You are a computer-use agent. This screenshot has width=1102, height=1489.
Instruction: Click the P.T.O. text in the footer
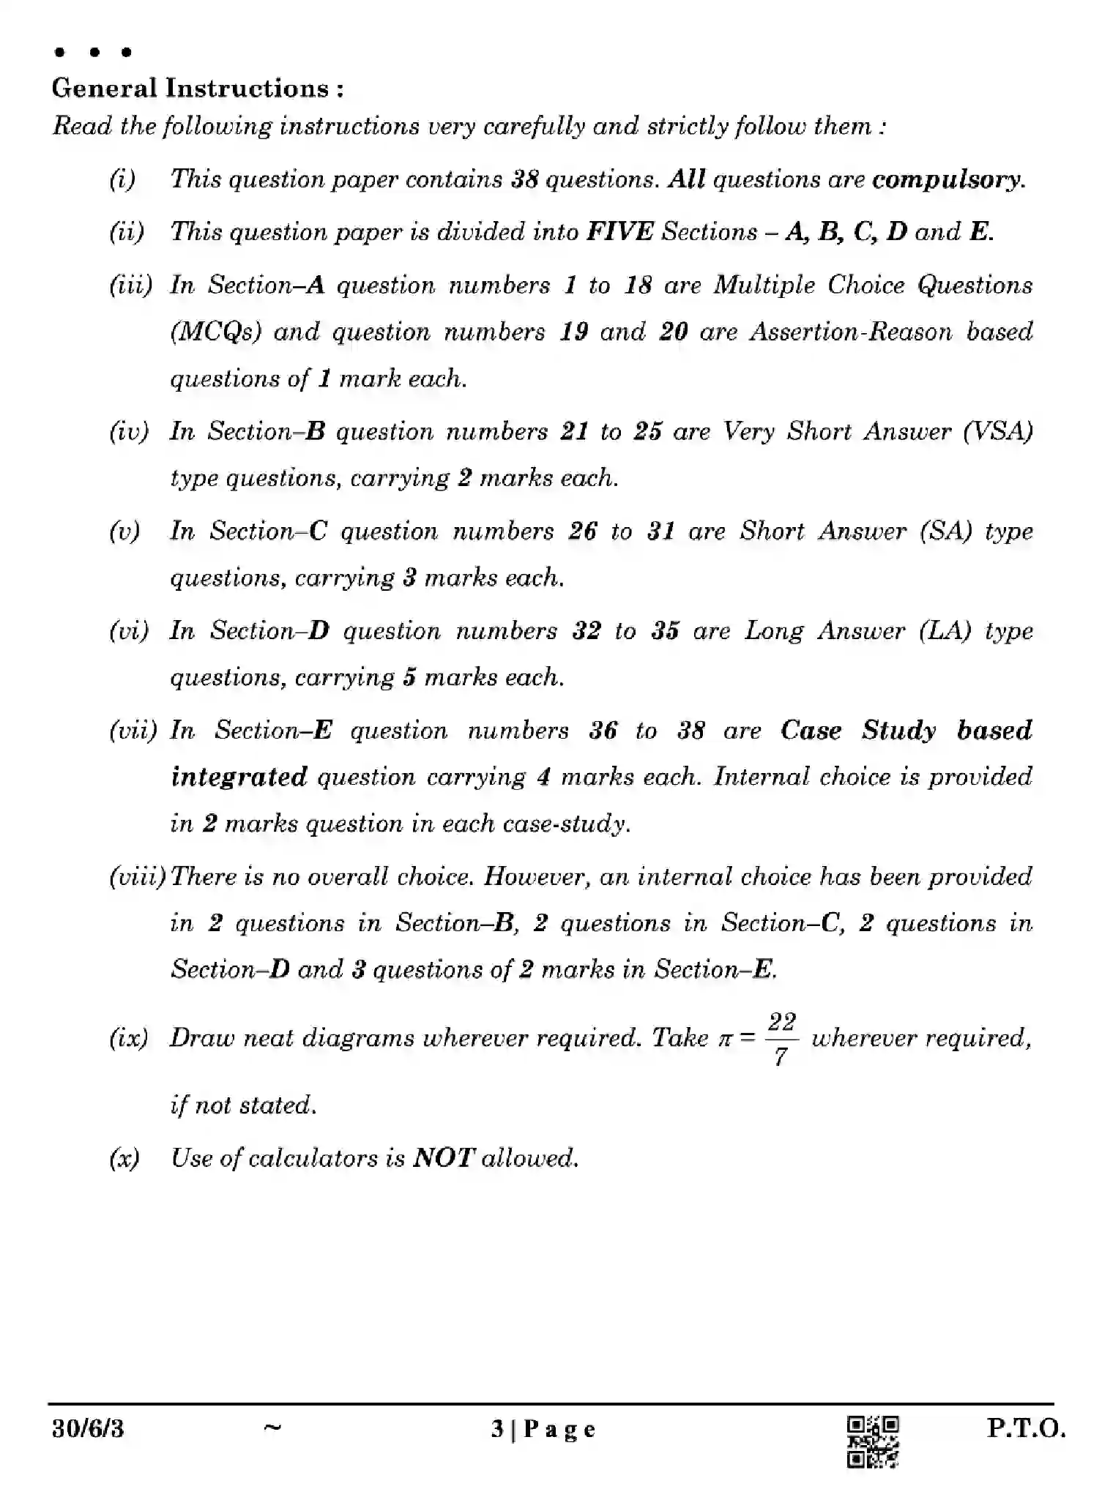coord(1026,1428)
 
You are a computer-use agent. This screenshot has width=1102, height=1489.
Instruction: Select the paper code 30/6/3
coord(88,1429)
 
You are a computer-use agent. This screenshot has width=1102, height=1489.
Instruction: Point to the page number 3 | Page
coord(543,1429)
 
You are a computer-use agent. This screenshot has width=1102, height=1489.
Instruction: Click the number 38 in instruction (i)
coord(524,179)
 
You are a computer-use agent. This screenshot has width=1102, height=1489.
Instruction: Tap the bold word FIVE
coord(619,232)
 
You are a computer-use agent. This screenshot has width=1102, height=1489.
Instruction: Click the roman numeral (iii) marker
coord(130,286)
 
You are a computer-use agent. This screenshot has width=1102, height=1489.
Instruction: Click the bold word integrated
coord(239,777)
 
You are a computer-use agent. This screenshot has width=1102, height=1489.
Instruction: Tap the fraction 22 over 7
coord(781,1040)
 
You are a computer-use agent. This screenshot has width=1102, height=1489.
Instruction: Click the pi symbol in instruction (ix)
coord(724,1040)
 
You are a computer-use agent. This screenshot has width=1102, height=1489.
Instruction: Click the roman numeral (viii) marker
coord(138,877)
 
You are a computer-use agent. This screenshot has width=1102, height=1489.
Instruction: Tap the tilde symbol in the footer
coord(272,1427)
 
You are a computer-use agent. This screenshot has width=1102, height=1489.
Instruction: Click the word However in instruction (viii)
coord(536,877)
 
